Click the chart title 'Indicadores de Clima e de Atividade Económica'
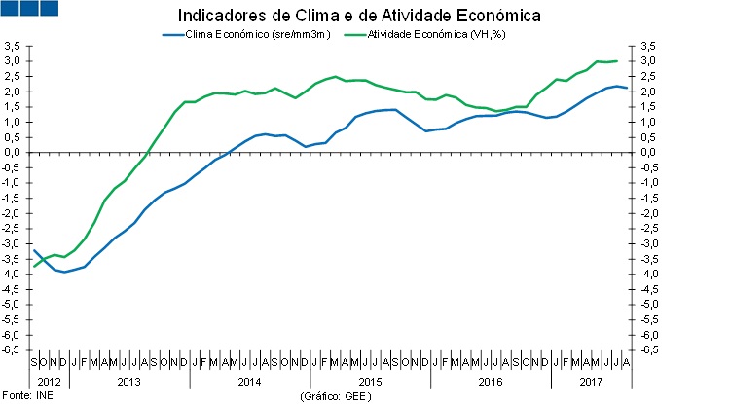coord(359,17)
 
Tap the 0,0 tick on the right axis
coord(643,152)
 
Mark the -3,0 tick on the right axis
coord(645,243)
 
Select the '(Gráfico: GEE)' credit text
coord(337,396)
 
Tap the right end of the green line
coord(617,61)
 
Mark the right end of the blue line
coord(627,89)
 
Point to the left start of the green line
coord(34,267)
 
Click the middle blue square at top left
coord(28,9)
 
